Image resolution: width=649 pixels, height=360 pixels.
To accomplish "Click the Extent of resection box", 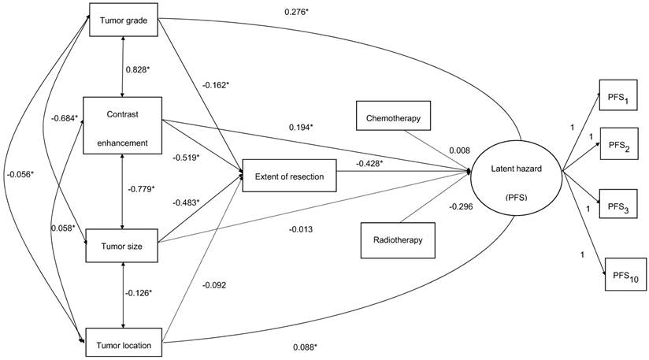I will tap(290, 176).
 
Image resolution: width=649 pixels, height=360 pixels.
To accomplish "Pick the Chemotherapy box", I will tap(393, 117).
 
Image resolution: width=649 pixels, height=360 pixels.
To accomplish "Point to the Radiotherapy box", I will tap(398, 240).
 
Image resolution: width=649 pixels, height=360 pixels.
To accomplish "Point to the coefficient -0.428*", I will tap(370, 163).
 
